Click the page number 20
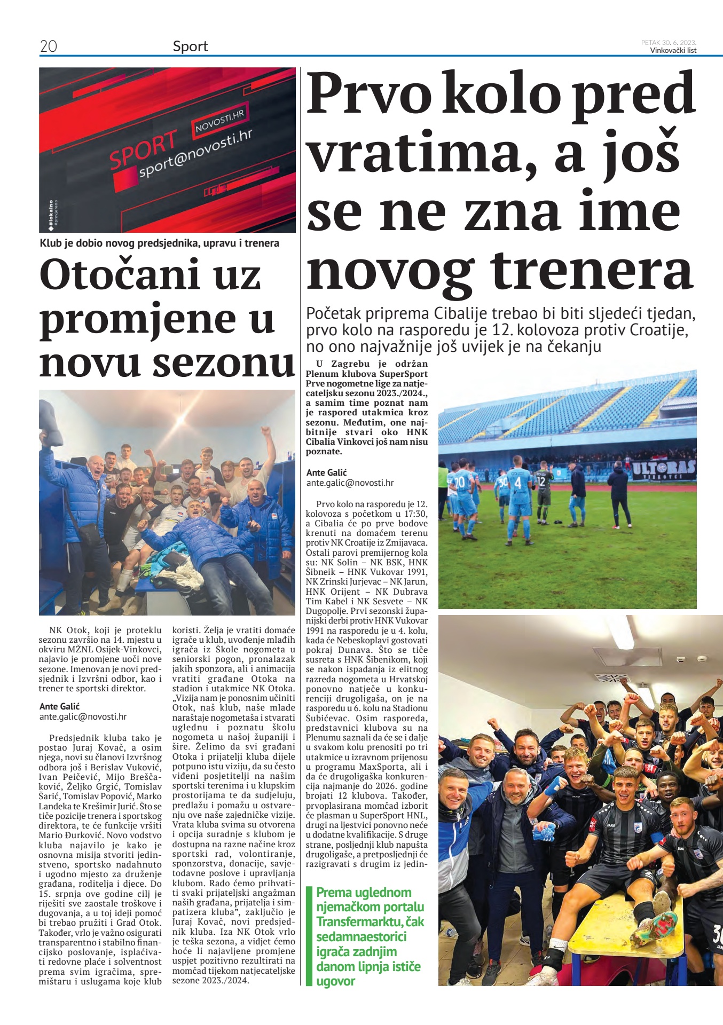point(49,46)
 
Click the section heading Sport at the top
point(190,46)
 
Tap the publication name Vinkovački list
point(673,51)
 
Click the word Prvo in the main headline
point(368,94)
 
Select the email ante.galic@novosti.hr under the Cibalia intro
point(350,483)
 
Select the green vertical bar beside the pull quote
point(308,935)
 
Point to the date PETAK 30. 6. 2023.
point(669,42)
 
